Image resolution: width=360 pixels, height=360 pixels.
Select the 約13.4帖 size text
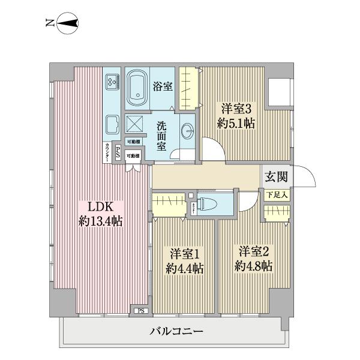click(100, 221)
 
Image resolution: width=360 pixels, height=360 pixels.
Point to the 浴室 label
click(163, 86)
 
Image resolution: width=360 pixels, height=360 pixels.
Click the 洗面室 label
click(161, 136)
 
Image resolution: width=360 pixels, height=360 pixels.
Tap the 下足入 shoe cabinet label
click(277, 195)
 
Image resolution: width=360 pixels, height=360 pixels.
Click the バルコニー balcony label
click(176, 331)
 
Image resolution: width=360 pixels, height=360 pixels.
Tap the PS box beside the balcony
click(140, 311)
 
